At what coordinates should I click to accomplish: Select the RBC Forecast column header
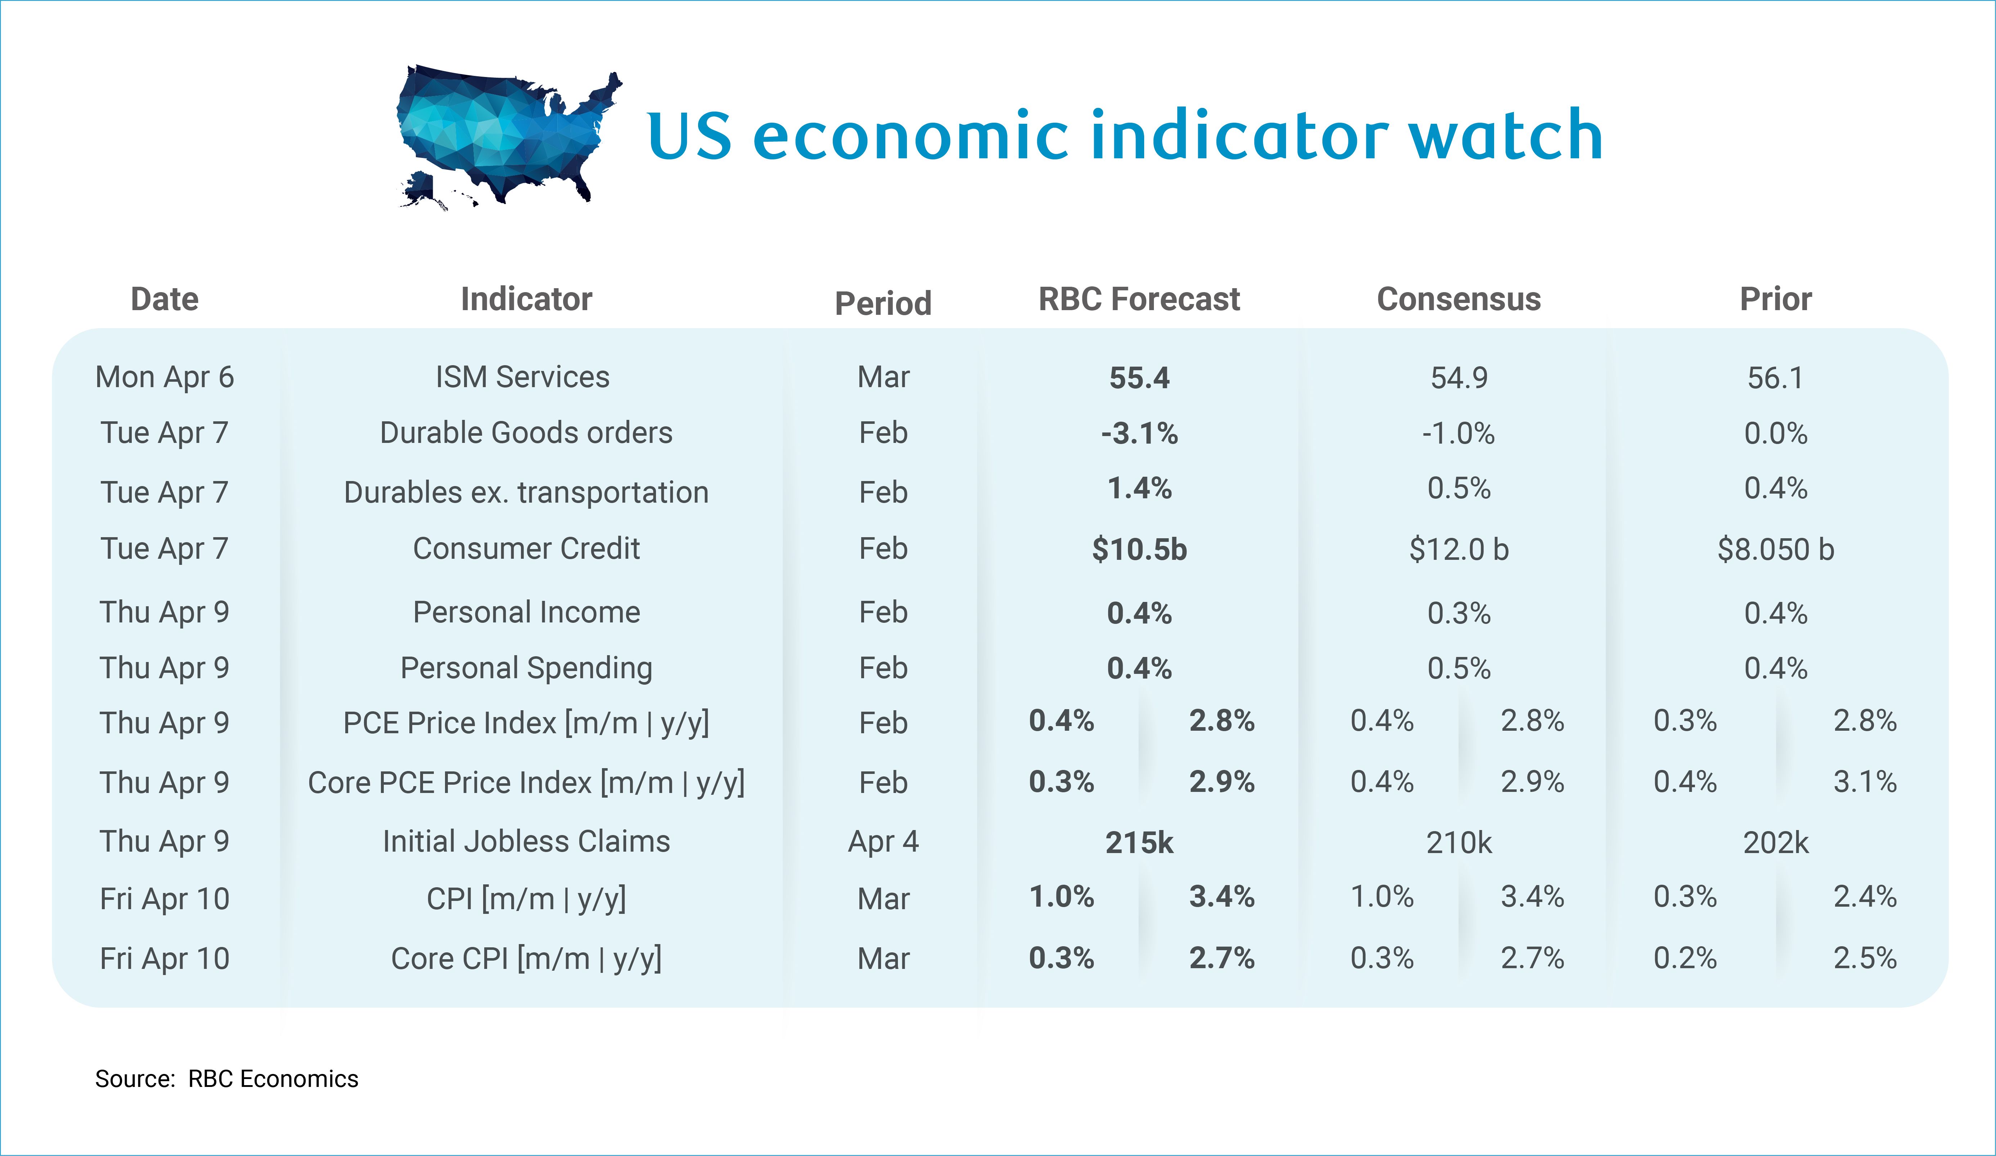pos(1139,299)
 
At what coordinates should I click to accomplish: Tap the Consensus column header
pos(1459,299)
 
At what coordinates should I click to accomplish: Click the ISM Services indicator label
pos(523,377)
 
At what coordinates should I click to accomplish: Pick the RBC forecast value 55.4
pos(1139,378)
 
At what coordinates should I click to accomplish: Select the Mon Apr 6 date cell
pos(165,377)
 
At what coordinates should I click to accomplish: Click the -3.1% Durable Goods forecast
pos(1139,433)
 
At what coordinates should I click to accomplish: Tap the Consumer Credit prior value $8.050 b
pos(1776,549)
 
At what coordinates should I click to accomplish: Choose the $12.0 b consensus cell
pos(1459,549)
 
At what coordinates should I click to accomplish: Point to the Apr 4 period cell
pos(883,841)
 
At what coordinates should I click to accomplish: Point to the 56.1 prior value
pos(1776,378)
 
